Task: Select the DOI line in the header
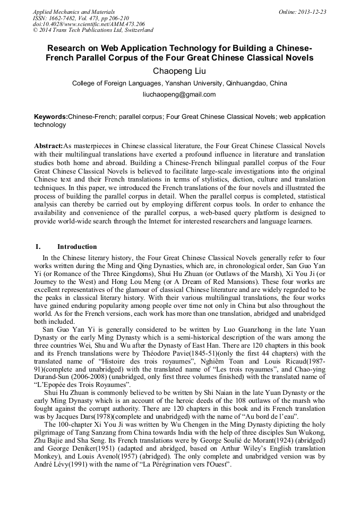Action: pyautogui.click(x=89, y=24)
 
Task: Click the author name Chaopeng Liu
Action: pyautogui.click(x=179, y=71)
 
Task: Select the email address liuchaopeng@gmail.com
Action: pyautogui.click(x=179, y=94)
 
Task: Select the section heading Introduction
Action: pyautogui.click(x=77, y=247)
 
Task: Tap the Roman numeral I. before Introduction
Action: pyautogui.click(x=38, y=247)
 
